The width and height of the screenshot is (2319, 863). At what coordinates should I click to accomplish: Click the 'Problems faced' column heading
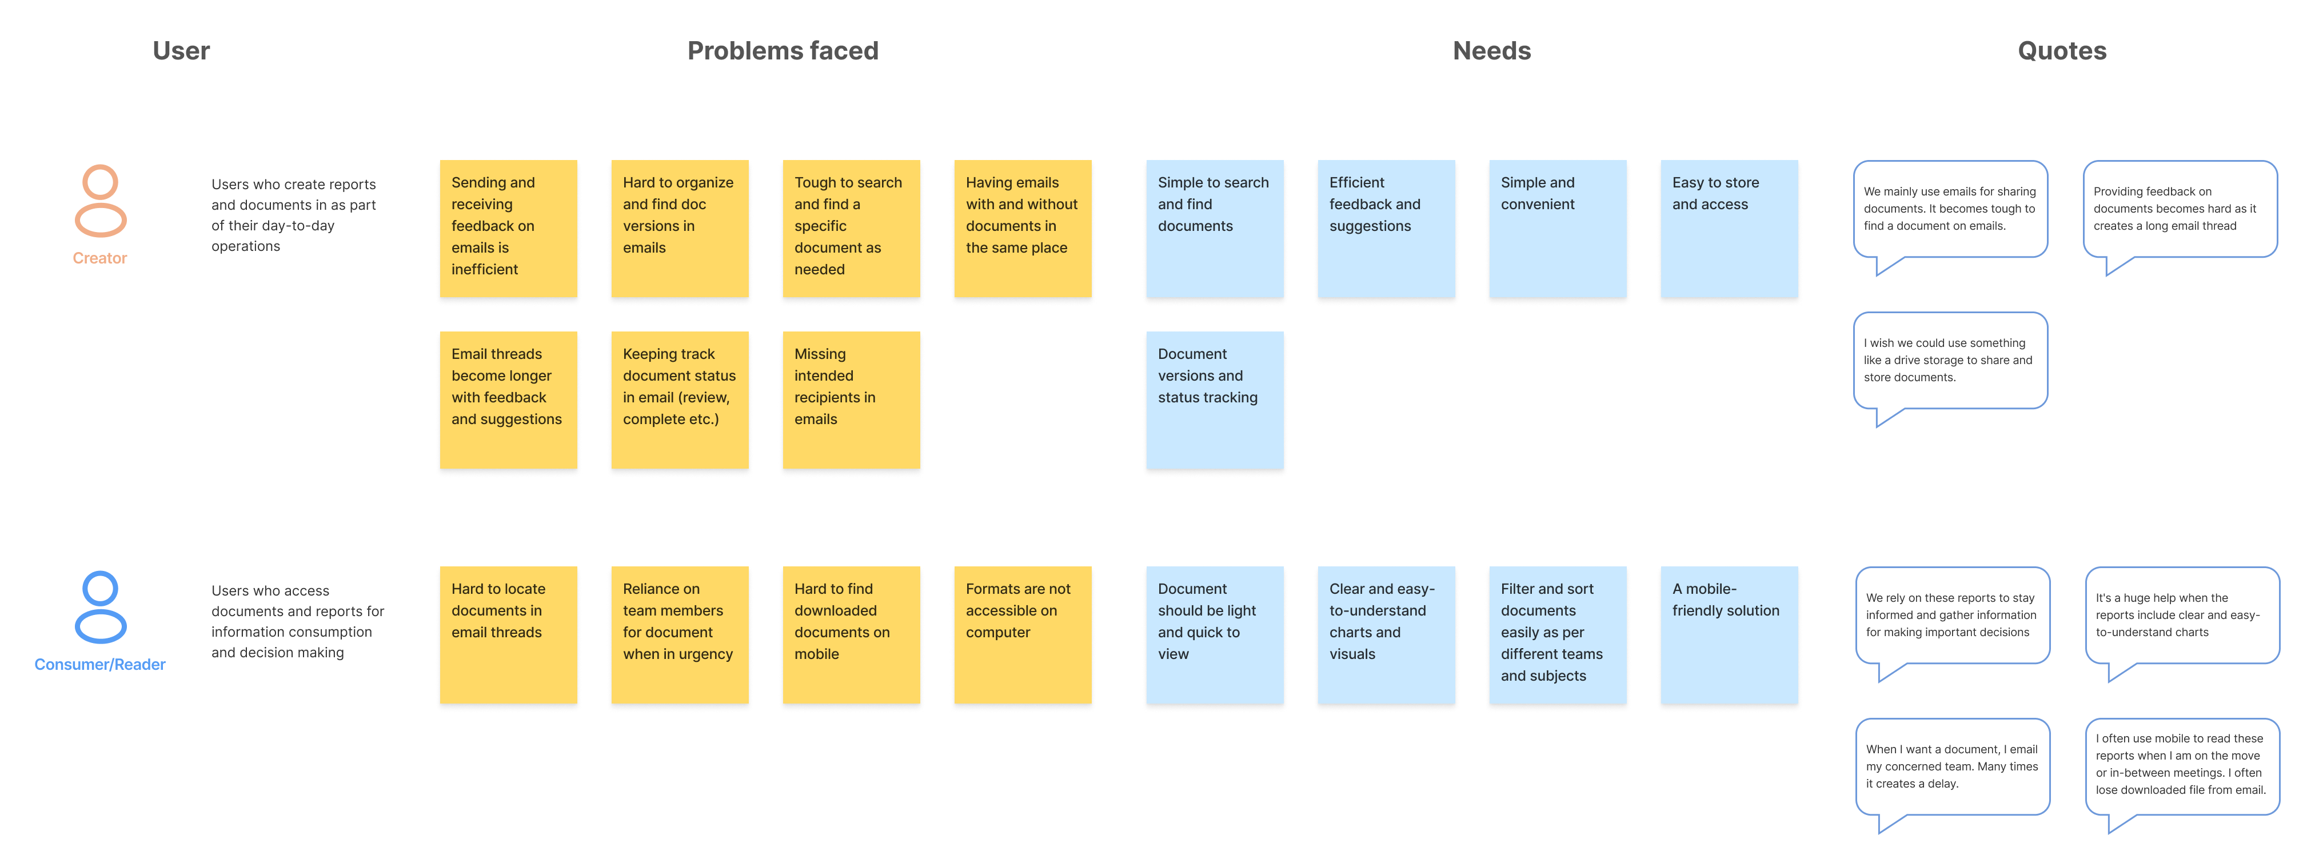[x=783, y=50]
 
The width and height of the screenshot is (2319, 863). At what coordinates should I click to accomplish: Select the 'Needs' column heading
[x=1492, y=50]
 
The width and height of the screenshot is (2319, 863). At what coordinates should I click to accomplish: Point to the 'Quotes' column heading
[x=2062, y=50]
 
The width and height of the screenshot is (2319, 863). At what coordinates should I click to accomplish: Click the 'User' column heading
[x=181, y=50]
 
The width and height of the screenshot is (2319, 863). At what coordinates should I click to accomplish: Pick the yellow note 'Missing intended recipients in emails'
[x=851, y=399]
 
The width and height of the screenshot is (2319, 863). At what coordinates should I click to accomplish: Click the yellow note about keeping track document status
[x=680, y=399]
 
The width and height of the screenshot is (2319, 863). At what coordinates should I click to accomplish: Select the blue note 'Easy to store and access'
[x=1729, y=229]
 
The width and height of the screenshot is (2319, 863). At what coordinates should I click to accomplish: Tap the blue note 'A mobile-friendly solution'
[x=1729, y=634]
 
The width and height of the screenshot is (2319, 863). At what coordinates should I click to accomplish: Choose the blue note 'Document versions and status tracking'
[x=1215, y=399]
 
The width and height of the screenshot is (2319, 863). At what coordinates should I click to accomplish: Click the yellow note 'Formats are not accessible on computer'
[x=1023, y=634]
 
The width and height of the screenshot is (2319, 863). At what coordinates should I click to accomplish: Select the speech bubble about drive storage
[x=1950, y=361]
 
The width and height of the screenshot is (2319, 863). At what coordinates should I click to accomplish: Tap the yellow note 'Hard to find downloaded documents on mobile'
[x=851, y=634]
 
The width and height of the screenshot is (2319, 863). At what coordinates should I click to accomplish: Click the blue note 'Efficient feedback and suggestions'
[x=1386, y=229]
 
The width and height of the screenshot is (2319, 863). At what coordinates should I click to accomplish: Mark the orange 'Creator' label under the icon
[x=100, y=258]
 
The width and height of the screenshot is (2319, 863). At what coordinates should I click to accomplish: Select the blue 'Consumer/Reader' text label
[x=100, y=664]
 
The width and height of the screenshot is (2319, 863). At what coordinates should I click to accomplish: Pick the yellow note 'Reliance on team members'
[x=680, y=634]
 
